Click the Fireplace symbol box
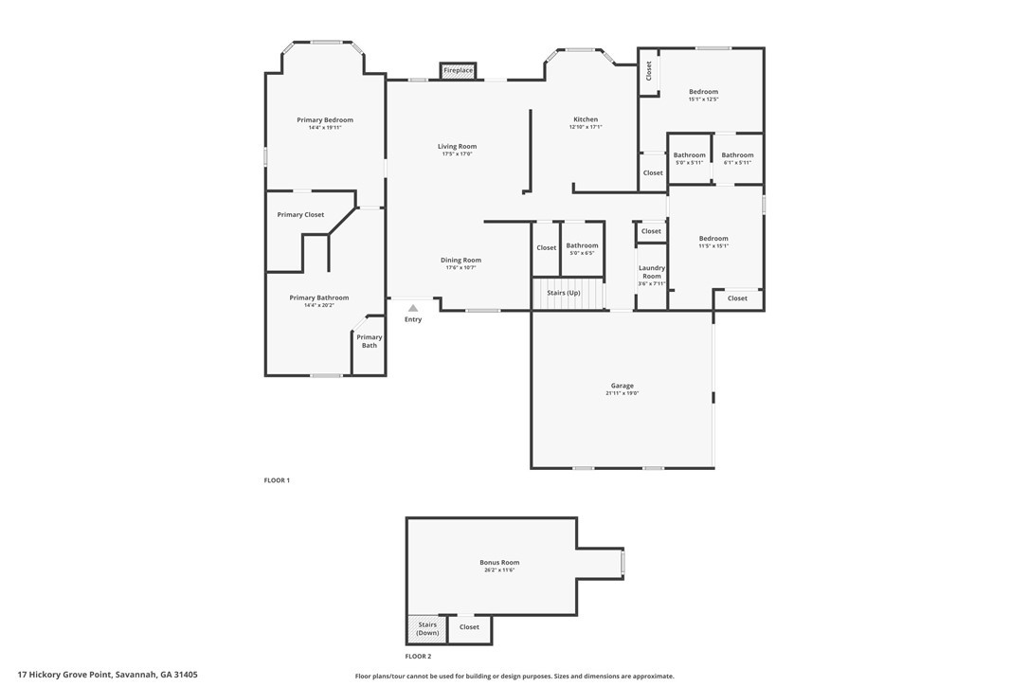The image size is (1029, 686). (x=458, y=71)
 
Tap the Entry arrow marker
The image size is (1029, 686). (x=413, y=308)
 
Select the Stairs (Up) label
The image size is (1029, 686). (x=564, y=293)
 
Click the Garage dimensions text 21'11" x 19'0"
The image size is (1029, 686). (x=623, y=393)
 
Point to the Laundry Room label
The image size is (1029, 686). (x=652, y=272)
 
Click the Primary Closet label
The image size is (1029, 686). (x=300, y=215)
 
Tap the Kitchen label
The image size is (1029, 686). (x=586, y=119)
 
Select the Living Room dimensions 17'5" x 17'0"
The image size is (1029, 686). (x=457, y=153)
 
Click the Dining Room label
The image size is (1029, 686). (x=460, y=260)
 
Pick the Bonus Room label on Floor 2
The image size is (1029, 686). (x=499, y=563)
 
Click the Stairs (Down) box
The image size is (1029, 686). (x=427, y=629)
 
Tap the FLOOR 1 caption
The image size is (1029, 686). (x=277, y=480)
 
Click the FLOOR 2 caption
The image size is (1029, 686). (x=418, y=657)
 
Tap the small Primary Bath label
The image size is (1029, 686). (x=370, y=341)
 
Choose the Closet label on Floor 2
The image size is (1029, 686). (x=469, y=627)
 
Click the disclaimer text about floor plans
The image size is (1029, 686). (x=514, y=677)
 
